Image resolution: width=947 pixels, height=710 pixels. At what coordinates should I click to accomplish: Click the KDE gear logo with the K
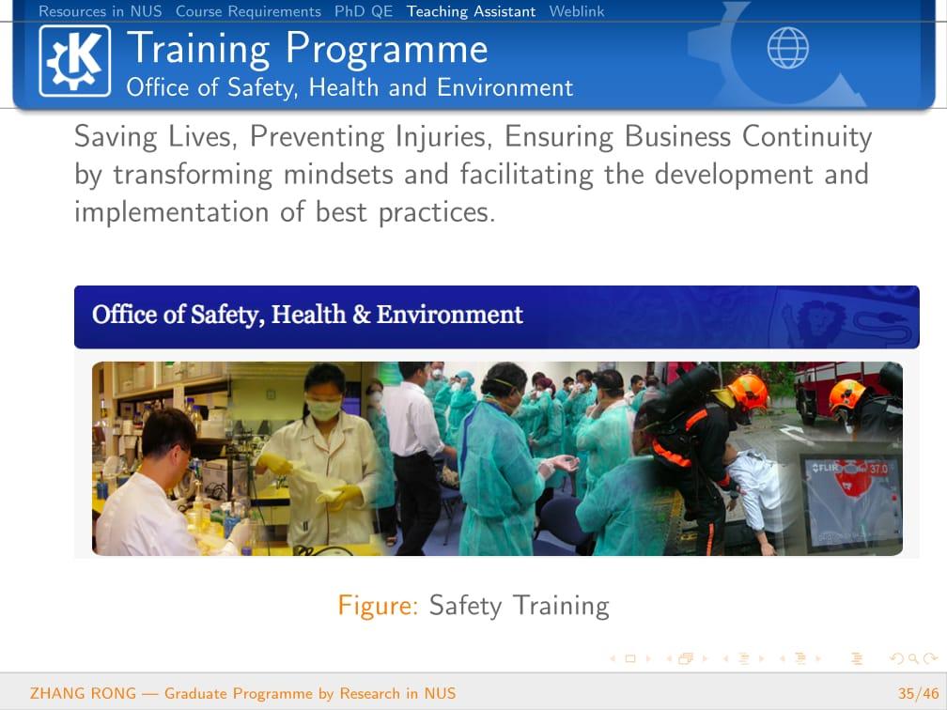tap(75, 61)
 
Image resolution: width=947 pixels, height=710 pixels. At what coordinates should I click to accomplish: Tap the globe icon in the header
tap(787, 48)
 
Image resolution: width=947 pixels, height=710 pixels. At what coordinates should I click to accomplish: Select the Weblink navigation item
tap(576, 11)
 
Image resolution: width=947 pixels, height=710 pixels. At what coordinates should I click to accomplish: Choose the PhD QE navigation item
tap(363, 11)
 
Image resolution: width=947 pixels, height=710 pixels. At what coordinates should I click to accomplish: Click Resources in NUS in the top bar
tap(101, 11)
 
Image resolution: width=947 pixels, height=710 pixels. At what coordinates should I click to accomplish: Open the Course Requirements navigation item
tap(248, 11)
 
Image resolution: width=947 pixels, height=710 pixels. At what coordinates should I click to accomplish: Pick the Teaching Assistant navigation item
tap(471, 11)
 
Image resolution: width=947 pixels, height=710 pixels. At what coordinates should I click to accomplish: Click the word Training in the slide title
tap(199, 48)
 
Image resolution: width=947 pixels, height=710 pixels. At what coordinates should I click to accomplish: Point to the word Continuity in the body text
tap(807, 137)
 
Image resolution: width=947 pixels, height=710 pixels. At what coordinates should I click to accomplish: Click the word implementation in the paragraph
tap(171, 212)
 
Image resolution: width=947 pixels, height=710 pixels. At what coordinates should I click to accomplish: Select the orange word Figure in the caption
tap(378, 606)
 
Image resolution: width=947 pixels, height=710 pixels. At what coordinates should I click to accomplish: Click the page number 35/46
tap(918, 693)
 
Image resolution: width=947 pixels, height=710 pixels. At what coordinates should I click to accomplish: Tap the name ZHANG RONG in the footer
tap(84, 693)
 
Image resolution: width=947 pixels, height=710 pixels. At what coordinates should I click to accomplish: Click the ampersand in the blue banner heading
tap(361, 315)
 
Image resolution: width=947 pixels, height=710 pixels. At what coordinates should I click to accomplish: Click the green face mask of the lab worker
tap(324, 409)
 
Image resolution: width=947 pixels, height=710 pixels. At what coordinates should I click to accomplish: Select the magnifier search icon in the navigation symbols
tap(912, 658)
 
